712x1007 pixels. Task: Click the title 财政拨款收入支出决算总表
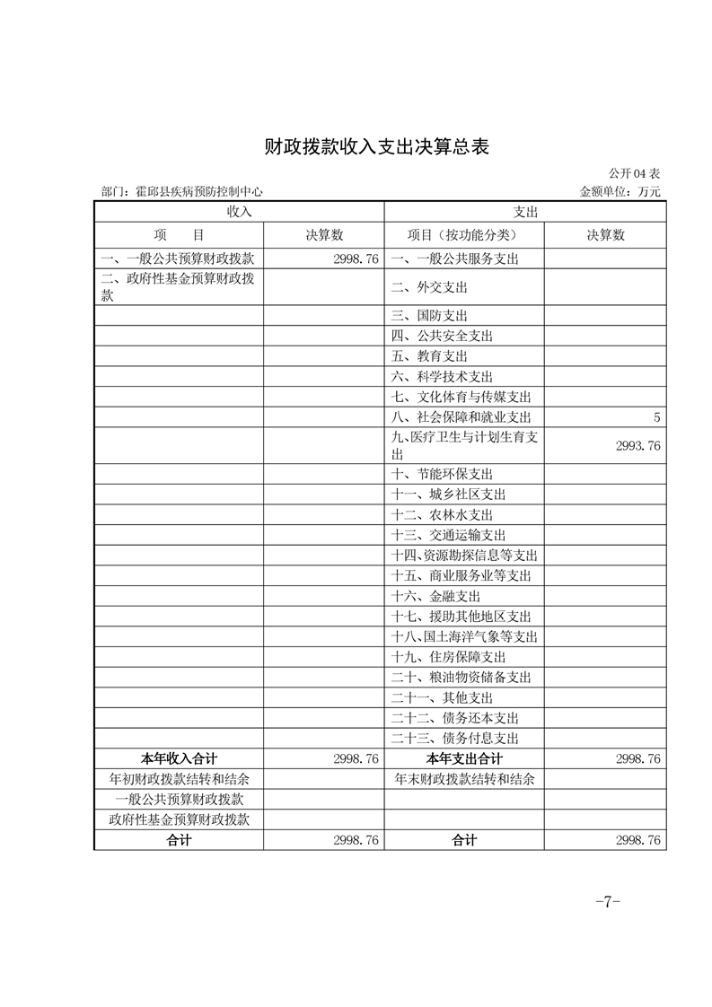coord(377,147)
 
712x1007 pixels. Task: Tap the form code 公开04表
coord(635,173)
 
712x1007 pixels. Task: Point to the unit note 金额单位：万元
coord(620,191)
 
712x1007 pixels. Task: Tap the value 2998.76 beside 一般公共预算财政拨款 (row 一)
coord(356,258)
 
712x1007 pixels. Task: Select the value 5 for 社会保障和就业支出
coord(657,417)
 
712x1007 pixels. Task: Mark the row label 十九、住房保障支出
coord(449,657)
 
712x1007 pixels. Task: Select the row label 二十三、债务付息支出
coord(455,739)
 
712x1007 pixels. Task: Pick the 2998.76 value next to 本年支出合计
coord(638,758)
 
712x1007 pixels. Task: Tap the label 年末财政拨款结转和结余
coord(465,779)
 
